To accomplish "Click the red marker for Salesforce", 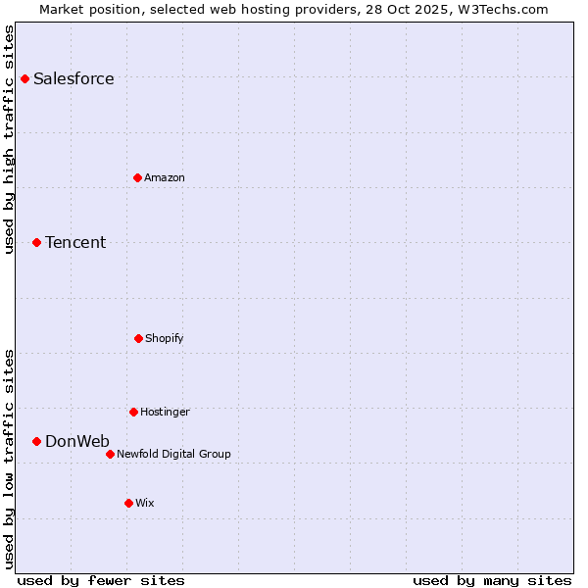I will [x=25, y=78].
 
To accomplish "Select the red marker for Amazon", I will [x=138, y=177].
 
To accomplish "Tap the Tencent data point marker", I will [x=37, y=242].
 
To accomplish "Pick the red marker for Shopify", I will [x=138, y=338].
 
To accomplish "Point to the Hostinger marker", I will [x=133, y=412].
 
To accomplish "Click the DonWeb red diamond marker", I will [x=37, y=441].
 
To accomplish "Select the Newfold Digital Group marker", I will [x=110, y=454].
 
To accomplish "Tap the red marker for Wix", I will [x=128, y=503].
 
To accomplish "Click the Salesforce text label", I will [x=73, y=79].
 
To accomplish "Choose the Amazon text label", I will [x=165, y=178].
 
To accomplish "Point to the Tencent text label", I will [x=75, y=243].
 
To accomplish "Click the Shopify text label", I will [x=165, y=339].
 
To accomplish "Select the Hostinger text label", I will [x=165, y=413].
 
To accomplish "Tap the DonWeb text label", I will [x=77, y=442].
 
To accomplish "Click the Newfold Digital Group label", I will [x=173, y=455].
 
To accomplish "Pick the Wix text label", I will [x=145, y=504].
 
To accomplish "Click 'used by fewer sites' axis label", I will [x=101, y=580].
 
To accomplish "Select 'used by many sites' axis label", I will [x=492, y=580].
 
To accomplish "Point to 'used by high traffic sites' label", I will [x=10, y=139].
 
